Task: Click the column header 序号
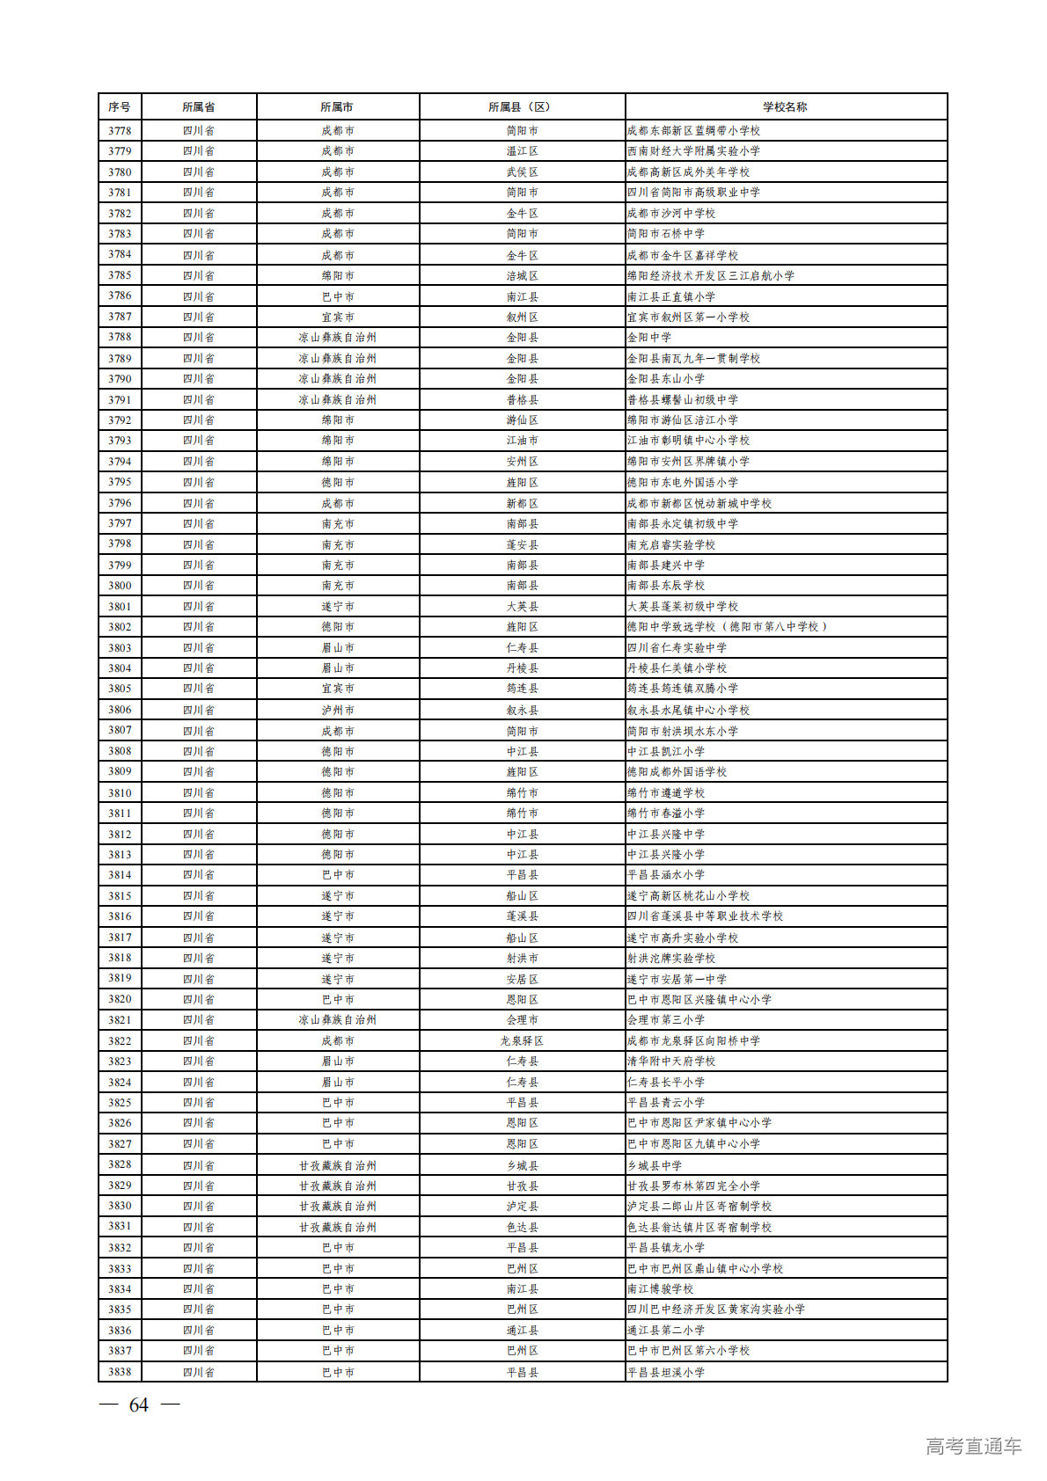pos(120,106)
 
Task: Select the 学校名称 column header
pos(785,106)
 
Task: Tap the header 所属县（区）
pos(522,106)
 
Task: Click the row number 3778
pos(120,130)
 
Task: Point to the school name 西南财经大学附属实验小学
pos(693,151)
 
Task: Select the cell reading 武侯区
pos(522,171)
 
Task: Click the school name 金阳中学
pos(649,337)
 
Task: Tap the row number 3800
pos(120,586)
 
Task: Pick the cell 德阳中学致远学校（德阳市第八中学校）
pos(727,627)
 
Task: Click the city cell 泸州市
pos(338,710)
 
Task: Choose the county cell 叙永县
pos(522,710)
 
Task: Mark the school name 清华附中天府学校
pos(671,1062)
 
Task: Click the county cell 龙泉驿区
pos(522,1040)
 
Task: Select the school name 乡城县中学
pos(655,1165)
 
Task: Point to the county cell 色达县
pos(522,1227)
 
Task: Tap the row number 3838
pos(120,1372)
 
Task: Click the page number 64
pos(139,1405)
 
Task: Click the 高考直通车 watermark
pos(973,1446)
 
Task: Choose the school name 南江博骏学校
pos(660,1288)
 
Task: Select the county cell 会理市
pos(522,1020)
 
